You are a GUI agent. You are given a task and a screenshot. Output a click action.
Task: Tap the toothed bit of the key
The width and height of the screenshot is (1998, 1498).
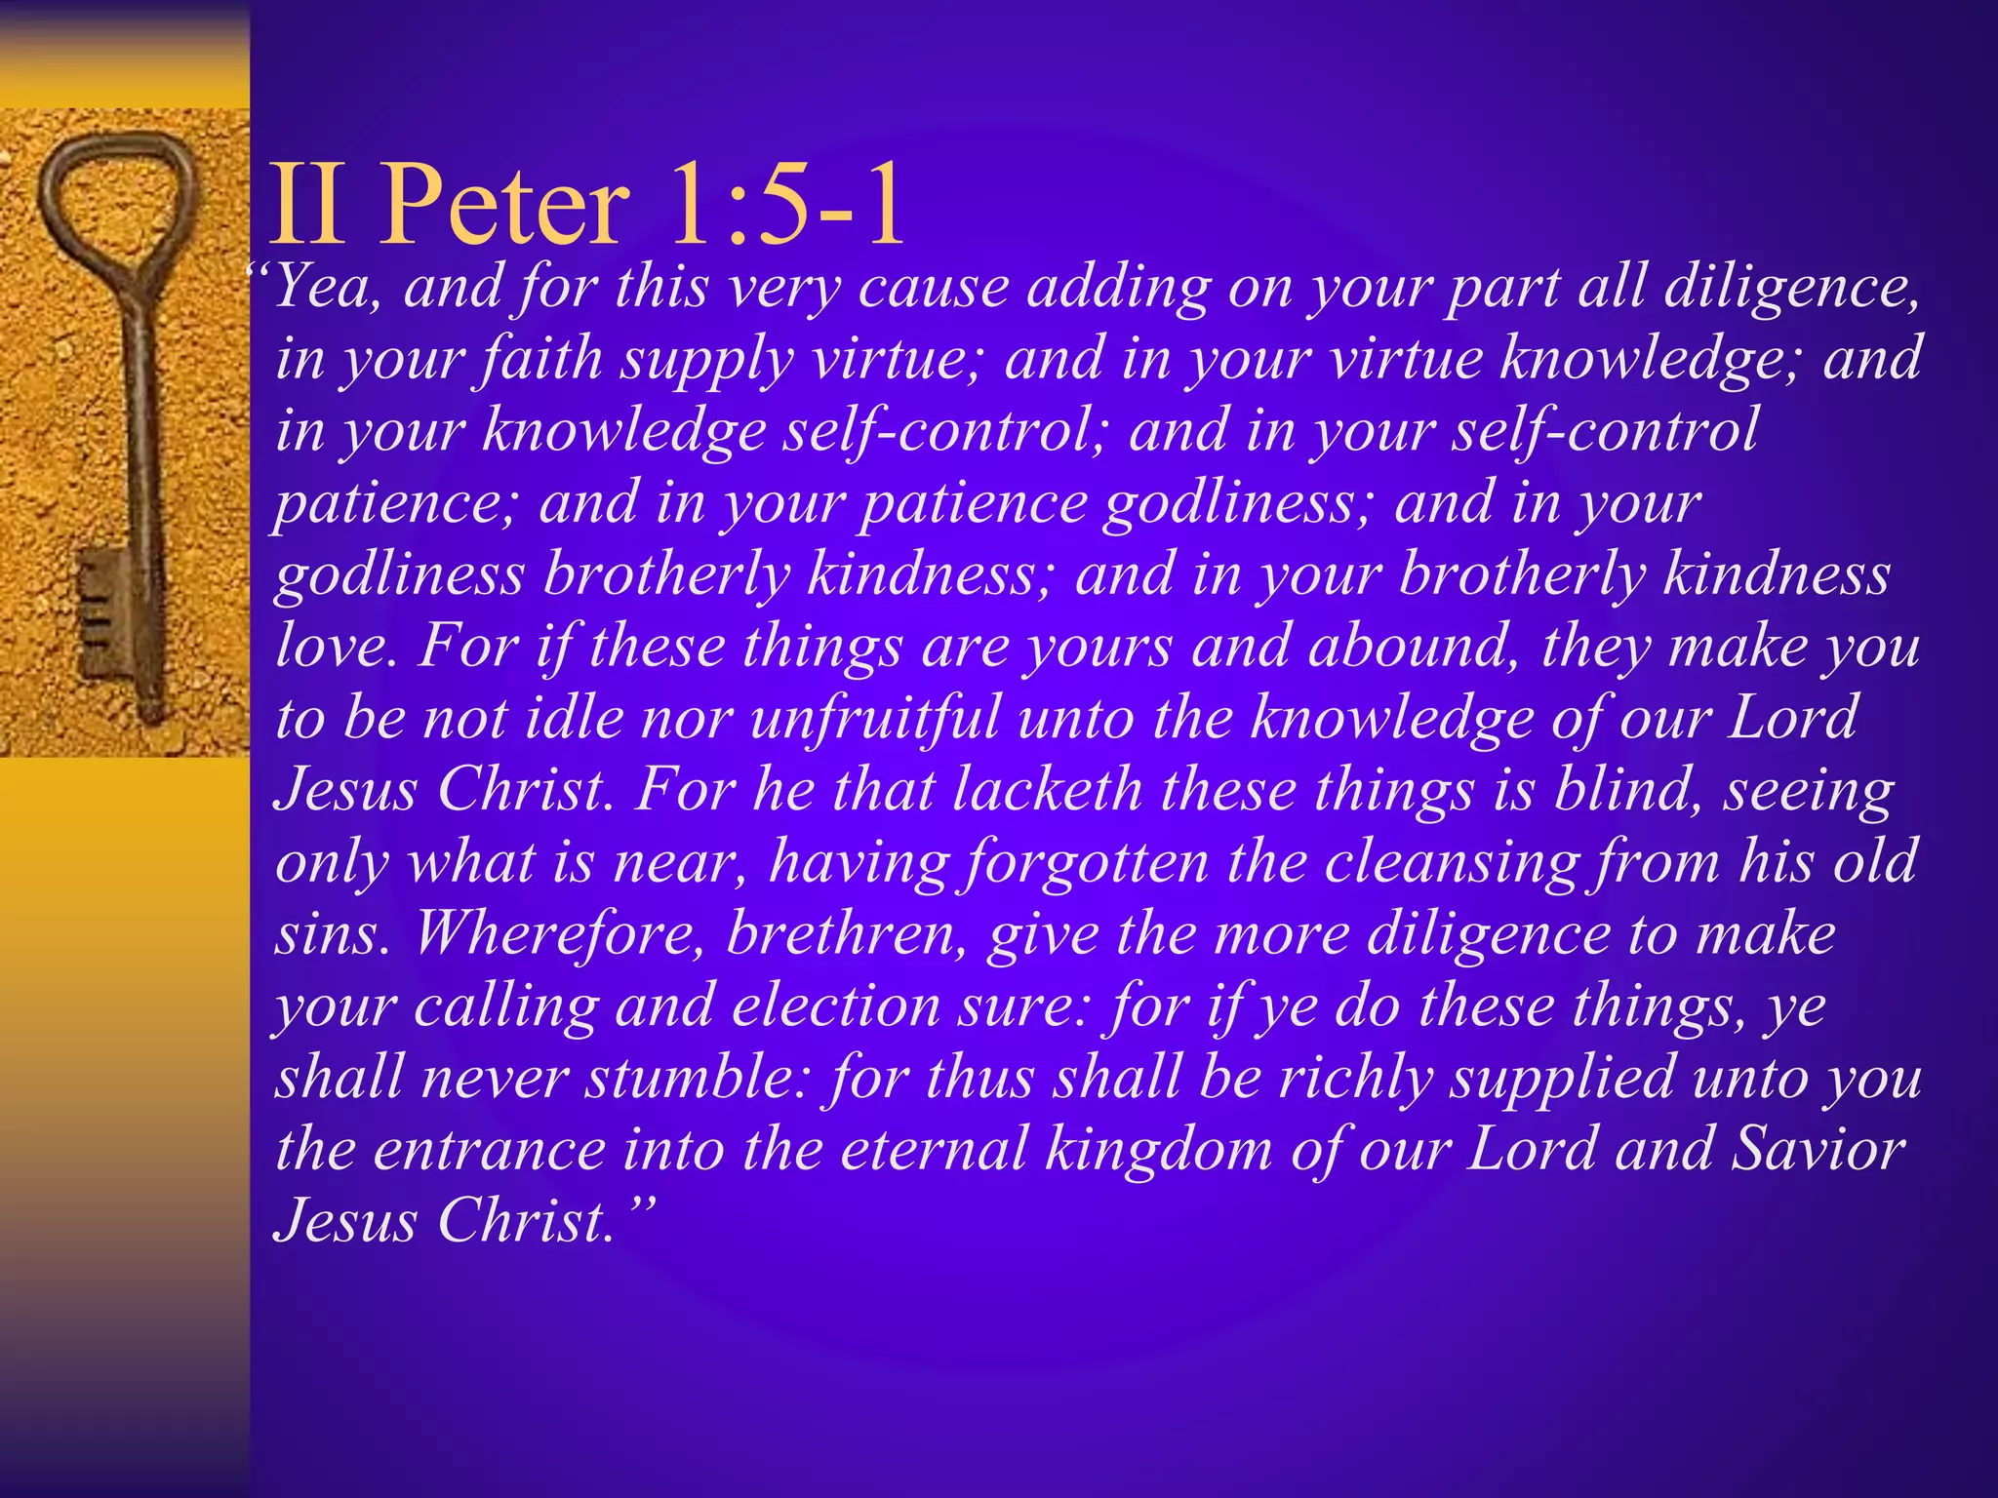[103, 610]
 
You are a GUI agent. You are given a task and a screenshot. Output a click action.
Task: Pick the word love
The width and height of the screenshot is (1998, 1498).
[331, 647]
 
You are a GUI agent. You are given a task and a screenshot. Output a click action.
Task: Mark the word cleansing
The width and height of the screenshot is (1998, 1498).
[1450, 863]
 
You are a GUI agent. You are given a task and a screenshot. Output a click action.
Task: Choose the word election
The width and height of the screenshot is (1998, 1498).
[835, 1006]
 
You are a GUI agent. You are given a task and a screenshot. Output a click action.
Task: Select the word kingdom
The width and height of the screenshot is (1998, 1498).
[1159, 1150]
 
